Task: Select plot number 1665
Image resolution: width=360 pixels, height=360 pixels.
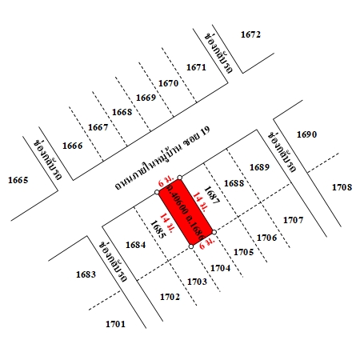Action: (17, 180)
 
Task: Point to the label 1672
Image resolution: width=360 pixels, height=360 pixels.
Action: (250, 34)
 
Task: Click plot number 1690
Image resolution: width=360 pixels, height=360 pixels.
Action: (307, 134)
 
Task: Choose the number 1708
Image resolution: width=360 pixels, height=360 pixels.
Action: (342, 187)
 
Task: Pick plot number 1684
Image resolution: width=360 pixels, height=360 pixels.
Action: (135, 244)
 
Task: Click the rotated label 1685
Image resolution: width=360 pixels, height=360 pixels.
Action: (157, 230)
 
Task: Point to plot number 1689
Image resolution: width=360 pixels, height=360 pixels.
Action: (259, 167)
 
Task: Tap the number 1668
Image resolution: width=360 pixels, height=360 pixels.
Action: (122, 112)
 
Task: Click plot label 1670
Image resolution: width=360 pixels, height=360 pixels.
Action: (168, 83)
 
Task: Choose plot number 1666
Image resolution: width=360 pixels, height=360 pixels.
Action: (73, 145)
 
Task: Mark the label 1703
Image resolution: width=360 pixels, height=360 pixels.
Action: (197, 282)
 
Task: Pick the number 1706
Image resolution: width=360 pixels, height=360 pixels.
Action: (266, 238)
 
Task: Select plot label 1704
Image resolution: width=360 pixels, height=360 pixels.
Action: (221, 268)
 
